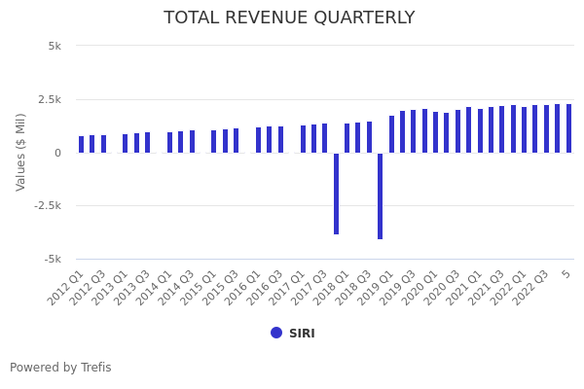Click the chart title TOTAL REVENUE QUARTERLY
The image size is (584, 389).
pyautogui.click(x=289, y=18)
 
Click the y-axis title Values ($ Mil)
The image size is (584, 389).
pyautogui.click(x=21, y=152)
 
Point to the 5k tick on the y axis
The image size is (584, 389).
pyautogui.click(x=55, y=46)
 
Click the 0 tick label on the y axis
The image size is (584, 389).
pyautogui.click(x=57, y=153)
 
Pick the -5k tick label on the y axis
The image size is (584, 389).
pyautogui.click(x=54, y=259)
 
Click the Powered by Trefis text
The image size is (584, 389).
pyautogui.click(x=60, y=368)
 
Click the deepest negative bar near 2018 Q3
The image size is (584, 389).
pyautogui.click(x=381, y=195)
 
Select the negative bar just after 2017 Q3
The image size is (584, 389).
pyautogui.click(x=337, y=194)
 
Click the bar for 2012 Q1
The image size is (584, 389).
pyautogui.click(x=82, y=145)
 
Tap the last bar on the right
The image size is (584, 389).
pyautogui.click(x=569, y=128)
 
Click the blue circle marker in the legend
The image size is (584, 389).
pyautogui.click(x=276, y=333)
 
